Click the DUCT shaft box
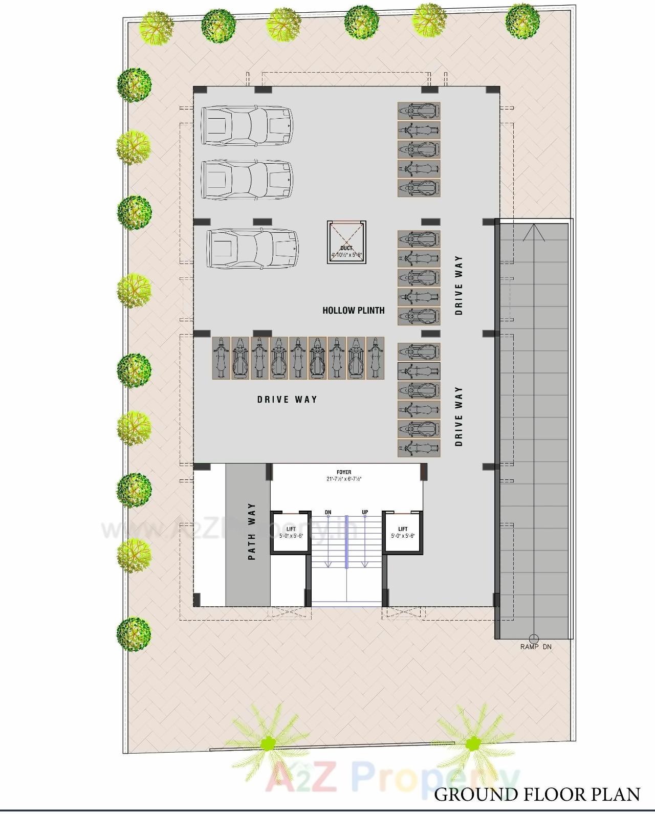[x=347, y=243]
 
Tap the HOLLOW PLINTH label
[x=353, y=310]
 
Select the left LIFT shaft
[x=291, y=533]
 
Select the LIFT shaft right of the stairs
[x=403, y=533]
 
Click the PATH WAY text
[x=252, y=532]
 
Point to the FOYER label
[x=344, y=472]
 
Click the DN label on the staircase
[x=328, y=512]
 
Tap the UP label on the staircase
[x=365, y=512]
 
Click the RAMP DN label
[x=536, y=647]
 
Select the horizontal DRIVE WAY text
[x=287, y=400]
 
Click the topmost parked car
[x=247, y=125]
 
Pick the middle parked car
[x=247, y=179]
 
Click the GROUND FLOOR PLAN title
[x=537, y=794]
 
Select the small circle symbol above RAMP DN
[x=533, y=638]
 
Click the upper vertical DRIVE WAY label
[x=458, y=285]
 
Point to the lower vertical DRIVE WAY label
[x=458, y=416]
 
